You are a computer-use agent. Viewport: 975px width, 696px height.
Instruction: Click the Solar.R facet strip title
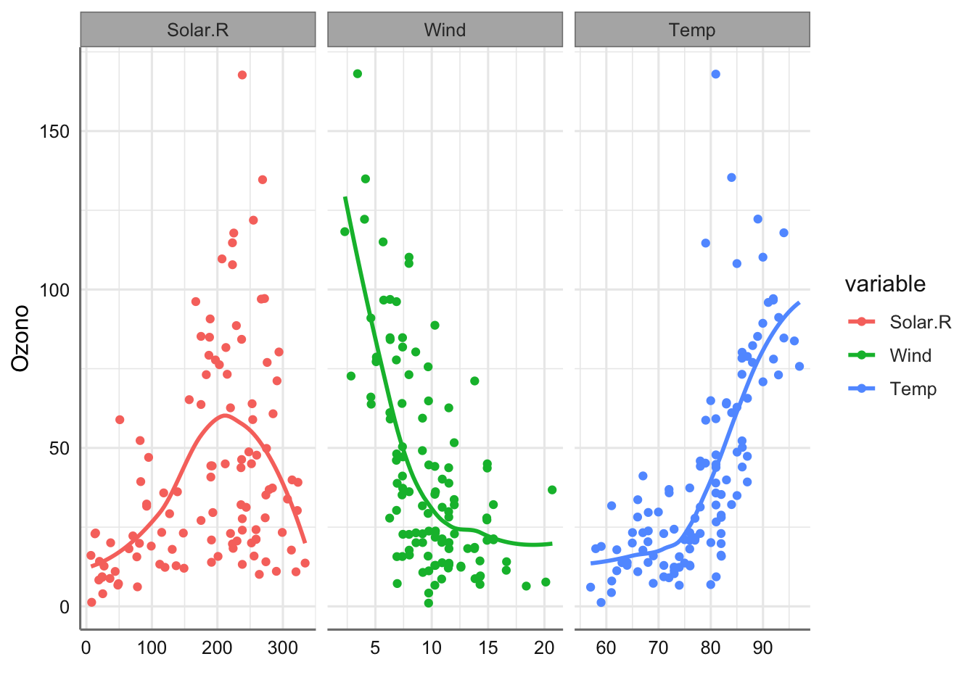pyautogui.click(x=197, y=30)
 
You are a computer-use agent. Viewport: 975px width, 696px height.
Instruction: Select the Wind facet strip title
pyautogui.click(x=445, y=30)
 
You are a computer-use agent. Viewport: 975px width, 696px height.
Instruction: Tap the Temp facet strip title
pyautogui.click(x=692, y=30)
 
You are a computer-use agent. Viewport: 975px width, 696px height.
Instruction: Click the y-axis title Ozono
pyautogui.click(x=21, y=338)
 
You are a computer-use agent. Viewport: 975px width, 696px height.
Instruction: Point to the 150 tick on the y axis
pyautogui.click(x=55, y=131)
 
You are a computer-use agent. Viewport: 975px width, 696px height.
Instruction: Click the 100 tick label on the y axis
pyautogui.click(x=55, y=290)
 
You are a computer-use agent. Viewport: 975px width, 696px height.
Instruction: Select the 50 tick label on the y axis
pyautogui.click(x=59, y=448)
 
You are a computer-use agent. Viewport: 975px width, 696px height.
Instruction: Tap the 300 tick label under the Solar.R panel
pyautogui.click(x=283, y=647)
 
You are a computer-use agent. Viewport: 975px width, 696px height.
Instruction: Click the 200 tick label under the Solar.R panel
pyautogui.click(x=217, y=647)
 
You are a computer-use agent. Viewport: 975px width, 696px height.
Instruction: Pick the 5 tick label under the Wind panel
pyautogui.click(x=375, y=647)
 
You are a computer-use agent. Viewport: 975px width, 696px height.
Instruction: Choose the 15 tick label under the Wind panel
pyautogui.click(x=488, y=647)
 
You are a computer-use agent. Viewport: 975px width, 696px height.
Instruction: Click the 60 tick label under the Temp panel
pyautogui.click(x=606, y=647)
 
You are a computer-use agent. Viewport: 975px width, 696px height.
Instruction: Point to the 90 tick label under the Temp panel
pyautogui.click(x=763, y=647)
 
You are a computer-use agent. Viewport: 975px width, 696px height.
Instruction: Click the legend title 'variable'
pyautogui.click(x=885, y=283)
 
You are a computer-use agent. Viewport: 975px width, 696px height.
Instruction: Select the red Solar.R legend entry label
pyautogui.click(x=920, y=322)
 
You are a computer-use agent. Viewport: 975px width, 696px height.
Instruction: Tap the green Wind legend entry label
pyautogui.click(x=910, y=355)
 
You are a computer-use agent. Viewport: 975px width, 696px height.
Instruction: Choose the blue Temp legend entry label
pyautogui.click(x=913, y=389)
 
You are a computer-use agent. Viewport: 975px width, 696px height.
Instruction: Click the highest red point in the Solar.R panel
pyautogui.click(x=242, y=75)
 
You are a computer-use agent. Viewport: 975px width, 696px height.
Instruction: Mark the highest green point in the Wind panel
pyautogui.click(x=358, y=74)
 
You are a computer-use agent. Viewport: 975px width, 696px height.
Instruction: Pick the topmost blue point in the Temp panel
pyautogui.click(x=716, y=74)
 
